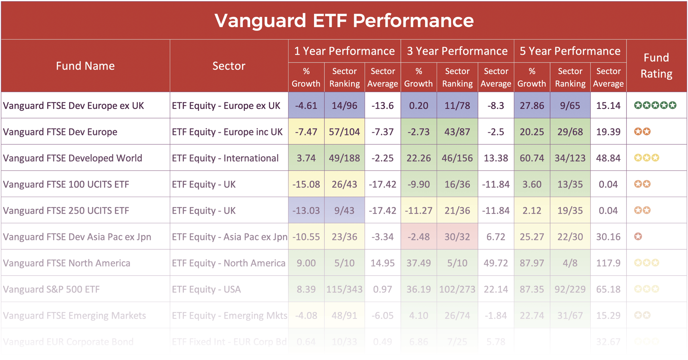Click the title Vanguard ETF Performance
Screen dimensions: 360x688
coord(344,20)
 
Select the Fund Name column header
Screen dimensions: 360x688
coord(85,66)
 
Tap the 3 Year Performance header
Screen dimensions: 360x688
coord(457,51)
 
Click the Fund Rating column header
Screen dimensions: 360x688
coord(656,66)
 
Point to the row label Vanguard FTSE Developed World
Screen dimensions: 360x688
coord(73,158)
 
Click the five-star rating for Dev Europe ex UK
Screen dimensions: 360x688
coord(655,105)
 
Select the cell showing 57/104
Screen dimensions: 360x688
coord(344,132)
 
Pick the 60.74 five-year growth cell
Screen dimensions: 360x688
coord(532,158)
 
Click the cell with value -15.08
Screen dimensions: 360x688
coord(306,184)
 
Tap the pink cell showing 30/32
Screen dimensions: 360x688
coord(457,237)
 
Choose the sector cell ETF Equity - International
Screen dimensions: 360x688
coord(225,158)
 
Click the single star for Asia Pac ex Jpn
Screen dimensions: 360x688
coord(638,237)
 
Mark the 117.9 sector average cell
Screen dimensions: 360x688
coord(608,263)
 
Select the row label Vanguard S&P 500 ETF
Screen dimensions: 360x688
coord(51,289)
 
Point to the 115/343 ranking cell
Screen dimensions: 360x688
coord(344,289)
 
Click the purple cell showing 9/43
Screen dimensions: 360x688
coord(344,210)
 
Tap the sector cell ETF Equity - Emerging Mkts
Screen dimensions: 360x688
coord(229,315)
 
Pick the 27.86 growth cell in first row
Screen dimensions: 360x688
coord(532,105)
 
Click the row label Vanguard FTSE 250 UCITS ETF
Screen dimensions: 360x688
coord(66,210)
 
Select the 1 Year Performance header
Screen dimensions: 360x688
coord(344,51)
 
